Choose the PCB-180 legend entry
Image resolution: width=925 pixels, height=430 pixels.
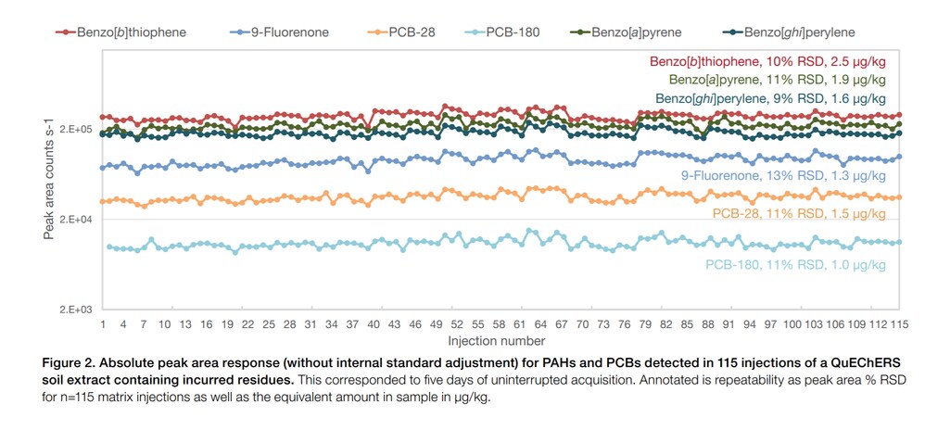pos(529,32)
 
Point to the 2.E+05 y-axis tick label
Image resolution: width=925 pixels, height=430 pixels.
pos(76,129)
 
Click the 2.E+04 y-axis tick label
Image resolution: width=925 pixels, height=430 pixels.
pos(76,220)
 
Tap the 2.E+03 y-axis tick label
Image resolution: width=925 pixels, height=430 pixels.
pos(76,310)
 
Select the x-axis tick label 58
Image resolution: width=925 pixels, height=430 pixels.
pos(499,325)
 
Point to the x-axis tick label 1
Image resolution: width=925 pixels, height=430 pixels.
pos(102,325)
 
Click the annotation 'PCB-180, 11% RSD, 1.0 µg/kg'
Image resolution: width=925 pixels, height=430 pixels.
pos(795,265)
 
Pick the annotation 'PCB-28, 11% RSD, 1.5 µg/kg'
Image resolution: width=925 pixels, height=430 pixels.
pos(799,213)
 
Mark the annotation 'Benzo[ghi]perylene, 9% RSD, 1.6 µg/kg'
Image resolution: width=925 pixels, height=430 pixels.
pos(770,98)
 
